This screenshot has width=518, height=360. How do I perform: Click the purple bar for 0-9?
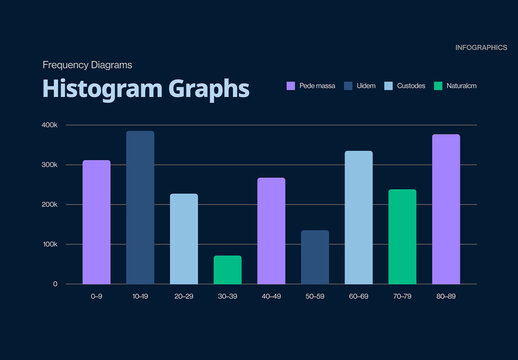click(x=97, y=222)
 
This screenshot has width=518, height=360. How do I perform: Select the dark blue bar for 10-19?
click(x=140, y=207)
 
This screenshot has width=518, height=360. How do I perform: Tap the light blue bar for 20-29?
click(x=184, y=238)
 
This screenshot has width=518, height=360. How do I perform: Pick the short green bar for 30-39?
click(x=228, y=270)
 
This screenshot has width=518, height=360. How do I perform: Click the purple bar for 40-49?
click(x=271, y=231)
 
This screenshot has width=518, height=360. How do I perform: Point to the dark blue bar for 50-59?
click(x=315, y=257)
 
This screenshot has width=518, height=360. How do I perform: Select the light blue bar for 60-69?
click(x=359, y=217)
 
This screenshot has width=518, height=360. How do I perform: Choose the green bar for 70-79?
click(x=402, y=236)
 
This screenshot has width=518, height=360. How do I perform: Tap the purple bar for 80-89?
click(x=446, y=209)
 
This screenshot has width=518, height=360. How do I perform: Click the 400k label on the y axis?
click(x=50, y=125)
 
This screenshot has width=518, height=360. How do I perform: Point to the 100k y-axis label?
click(x=50, y=244)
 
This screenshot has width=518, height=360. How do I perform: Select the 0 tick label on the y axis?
click(x=56, y=284)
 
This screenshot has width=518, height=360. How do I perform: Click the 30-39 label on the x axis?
click(x=228, y=297)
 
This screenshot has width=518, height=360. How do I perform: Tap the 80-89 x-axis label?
click(x=446, y=297)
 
